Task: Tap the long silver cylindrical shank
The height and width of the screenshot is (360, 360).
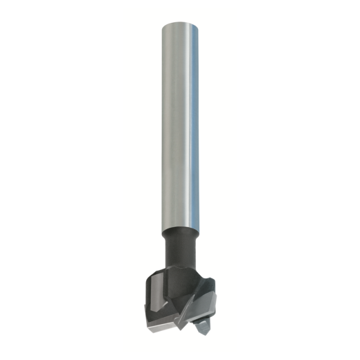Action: click(180, 125)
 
